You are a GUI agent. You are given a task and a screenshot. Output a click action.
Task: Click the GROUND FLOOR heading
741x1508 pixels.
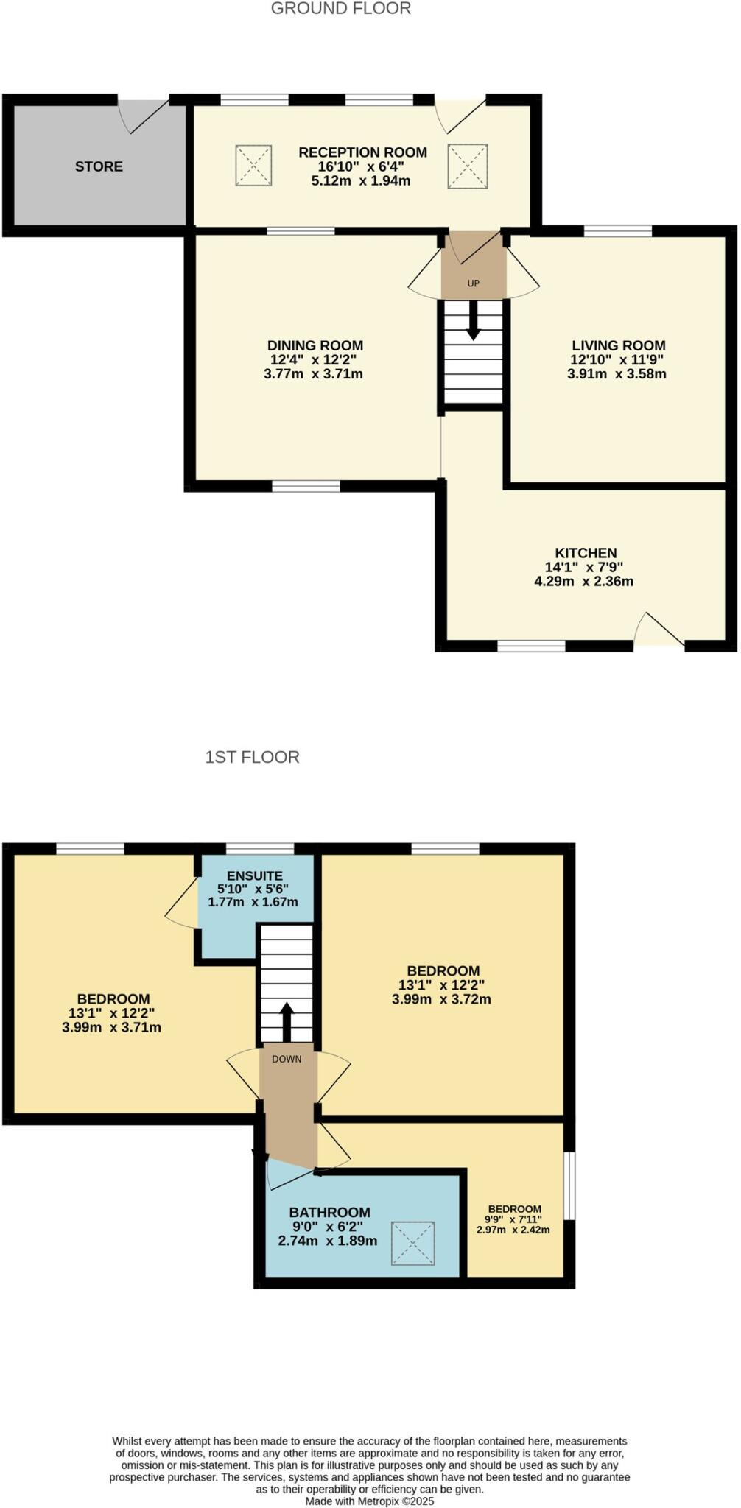[x=341, y=9]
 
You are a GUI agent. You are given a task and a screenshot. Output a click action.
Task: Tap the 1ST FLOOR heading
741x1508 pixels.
[x=252, y=757]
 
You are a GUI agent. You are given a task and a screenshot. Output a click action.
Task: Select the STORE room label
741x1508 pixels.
[x=99, y=166]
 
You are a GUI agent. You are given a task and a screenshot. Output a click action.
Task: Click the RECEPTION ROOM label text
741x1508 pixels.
[x=362, y=152]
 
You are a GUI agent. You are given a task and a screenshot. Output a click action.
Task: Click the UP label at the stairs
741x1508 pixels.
[x=473, y=283]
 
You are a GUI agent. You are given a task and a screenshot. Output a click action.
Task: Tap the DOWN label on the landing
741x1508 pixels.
[x=287, y=1059]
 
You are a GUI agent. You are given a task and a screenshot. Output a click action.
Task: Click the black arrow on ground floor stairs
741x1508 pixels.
[x=473, y=322]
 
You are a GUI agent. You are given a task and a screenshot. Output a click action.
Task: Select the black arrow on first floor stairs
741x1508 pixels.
[x=287, y=1019]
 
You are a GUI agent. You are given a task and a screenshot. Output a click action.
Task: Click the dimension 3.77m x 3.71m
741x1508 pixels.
[x=313, y=374]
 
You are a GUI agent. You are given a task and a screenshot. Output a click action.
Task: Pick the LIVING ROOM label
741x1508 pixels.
[x=618, y=345]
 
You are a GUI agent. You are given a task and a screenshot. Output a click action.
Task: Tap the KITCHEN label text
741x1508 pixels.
[x=586, y=553]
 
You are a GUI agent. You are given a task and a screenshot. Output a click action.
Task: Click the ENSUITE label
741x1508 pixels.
[x=254, y=875]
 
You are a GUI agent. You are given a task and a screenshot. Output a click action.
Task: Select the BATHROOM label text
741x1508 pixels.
[x=329, y=1212]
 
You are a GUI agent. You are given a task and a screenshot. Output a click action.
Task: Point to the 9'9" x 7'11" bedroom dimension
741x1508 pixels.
[x=514, y=1219]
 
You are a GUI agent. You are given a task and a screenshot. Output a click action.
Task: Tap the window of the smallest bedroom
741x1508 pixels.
[x=570, y=1185]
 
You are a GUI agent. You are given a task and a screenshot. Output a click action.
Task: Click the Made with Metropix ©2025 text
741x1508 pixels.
[x=370, y=1501]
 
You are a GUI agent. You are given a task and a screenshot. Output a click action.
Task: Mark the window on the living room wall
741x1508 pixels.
[x=617, y=231]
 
